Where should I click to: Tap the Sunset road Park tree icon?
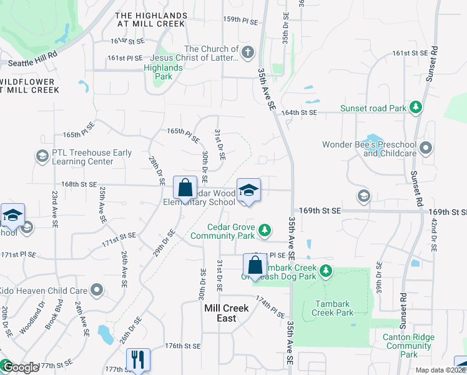[x=416, y=107]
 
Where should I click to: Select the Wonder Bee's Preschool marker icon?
[x=426, y=148]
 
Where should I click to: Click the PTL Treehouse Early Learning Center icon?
[x=42, y=156]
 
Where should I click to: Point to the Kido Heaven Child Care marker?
[x=97, y=290]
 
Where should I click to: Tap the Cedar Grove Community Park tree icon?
[x=265, y=231]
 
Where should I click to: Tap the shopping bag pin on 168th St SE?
[x=185, y=187]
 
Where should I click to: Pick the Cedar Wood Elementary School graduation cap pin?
[x=248, y=189]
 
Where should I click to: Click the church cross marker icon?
[x=248, y=52]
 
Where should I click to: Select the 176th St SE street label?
[x=182, y=346]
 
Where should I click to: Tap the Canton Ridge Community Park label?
[x=409, y=346]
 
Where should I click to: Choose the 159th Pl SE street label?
[x=240, y=20]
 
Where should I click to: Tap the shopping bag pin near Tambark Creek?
[x=255, y=265]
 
